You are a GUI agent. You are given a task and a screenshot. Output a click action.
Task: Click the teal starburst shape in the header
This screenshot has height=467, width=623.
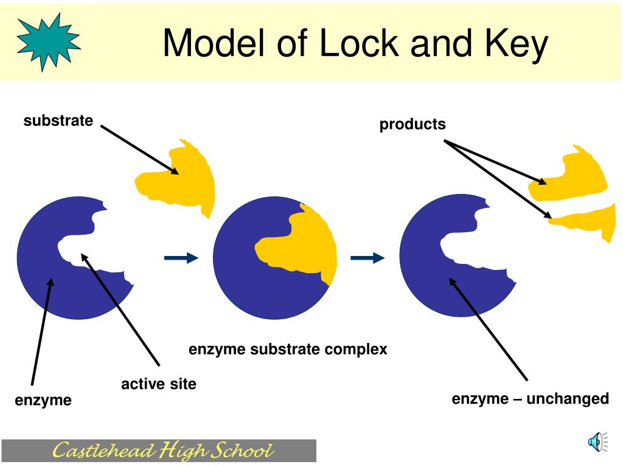pyautogui.click(x=49, y=42)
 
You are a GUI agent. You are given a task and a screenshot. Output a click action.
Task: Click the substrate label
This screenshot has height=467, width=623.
pyautogui.click(x=58, y=120)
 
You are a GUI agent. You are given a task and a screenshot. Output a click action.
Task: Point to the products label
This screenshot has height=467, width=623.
pyautogui.click(x=412, y=124)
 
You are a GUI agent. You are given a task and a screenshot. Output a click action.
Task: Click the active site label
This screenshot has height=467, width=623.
pyautogui.click(x=159, y=384)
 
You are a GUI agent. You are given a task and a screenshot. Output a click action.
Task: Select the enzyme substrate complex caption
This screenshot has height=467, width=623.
pyautogui.click(x=288, y=350)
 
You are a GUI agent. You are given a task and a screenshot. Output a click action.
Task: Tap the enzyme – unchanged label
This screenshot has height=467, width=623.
pyautogui.click(x=530, y=399)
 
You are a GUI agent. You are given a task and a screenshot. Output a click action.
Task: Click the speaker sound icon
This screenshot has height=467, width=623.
pyautogui.click(x=597, y=441)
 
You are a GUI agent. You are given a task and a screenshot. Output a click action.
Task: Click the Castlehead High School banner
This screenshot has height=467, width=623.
pyautogui.click(x=159, y=451)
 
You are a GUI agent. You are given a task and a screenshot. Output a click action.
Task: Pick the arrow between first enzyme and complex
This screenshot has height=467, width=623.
pyautogui.click(x=181, y=258)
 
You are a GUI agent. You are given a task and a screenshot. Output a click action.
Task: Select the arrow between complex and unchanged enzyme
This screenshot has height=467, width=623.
pyautogui.click(x=367, y=258)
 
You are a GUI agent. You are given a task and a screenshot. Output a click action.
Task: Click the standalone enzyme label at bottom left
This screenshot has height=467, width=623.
pyautogui.click(x=43, y=400)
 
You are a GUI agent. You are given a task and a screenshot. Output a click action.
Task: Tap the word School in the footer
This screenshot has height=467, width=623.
pyautogui.click(x=242, y=451)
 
